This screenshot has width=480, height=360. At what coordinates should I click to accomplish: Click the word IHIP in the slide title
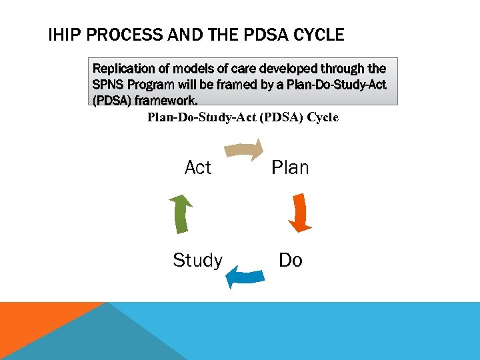(x=64, y=35)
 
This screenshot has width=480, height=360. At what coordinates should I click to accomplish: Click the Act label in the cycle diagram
(x=198, y=168)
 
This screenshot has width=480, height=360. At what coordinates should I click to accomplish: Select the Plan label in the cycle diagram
(x=290, y=168)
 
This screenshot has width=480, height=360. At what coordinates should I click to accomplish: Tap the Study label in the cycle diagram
(x=197, y=260)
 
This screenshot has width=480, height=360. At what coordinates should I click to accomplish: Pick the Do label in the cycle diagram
(x=291, y=260)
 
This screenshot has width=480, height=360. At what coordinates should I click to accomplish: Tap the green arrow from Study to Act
(x=180, y=213)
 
